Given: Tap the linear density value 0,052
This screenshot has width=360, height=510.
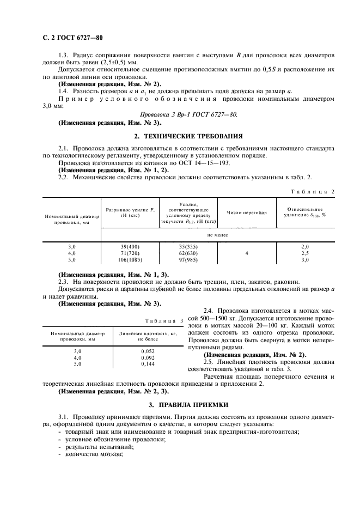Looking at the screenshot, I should point(148,351).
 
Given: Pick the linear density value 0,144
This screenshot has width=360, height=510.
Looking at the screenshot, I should point(148,363).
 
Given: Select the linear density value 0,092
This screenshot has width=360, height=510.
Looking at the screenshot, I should point(148,357).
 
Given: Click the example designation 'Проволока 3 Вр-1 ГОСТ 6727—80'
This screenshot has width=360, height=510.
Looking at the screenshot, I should point(189,116).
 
